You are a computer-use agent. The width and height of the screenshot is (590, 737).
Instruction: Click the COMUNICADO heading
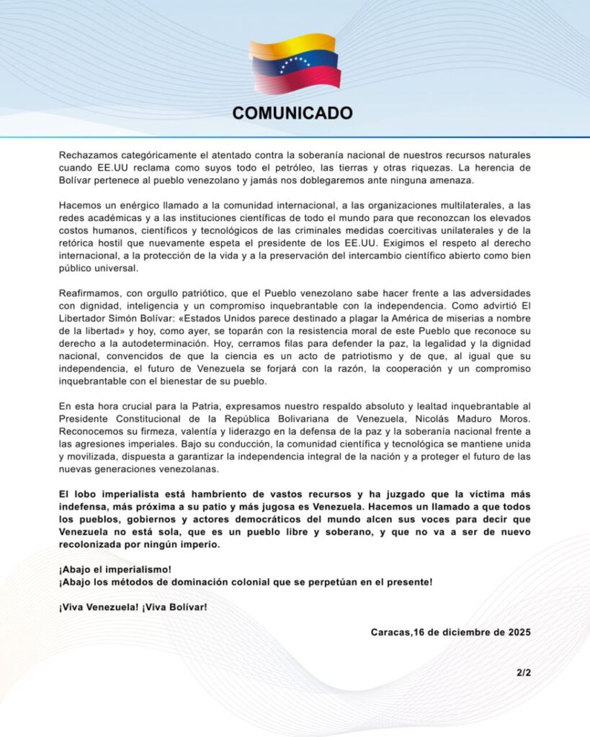(292, 113)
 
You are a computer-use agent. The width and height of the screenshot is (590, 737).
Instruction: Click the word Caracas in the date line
(392, 633)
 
